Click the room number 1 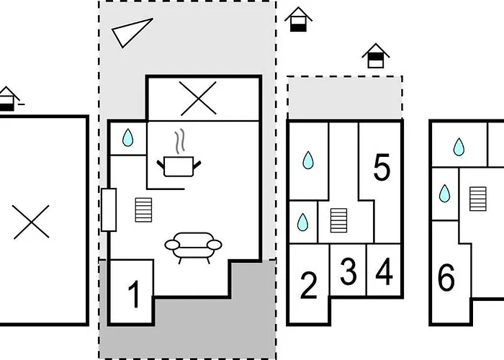[x=134, y=294]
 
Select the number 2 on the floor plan [x=309, y=285]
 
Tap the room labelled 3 [x=348, y=271]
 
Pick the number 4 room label [x=384, y=271]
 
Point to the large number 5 [x=382, y=167]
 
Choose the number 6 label [x=446, y=277]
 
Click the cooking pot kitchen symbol [x=179, y=166]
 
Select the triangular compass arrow [x=132, y=33]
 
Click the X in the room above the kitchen [x=198, y=99]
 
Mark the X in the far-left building [x=31, y=222]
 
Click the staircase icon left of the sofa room [x=143, y=210]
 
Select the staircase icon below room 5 [x=339, y=220]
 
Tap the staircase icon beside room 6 [x=477, y=199]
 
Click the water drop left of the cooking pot [x=128, y=138]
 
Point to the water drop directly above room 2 [x=302, y=222]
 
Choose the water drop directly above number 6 [x=444, y=193]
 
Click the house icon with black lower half [x=298, y=19]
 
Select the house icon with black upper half [x=376, y=55]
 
